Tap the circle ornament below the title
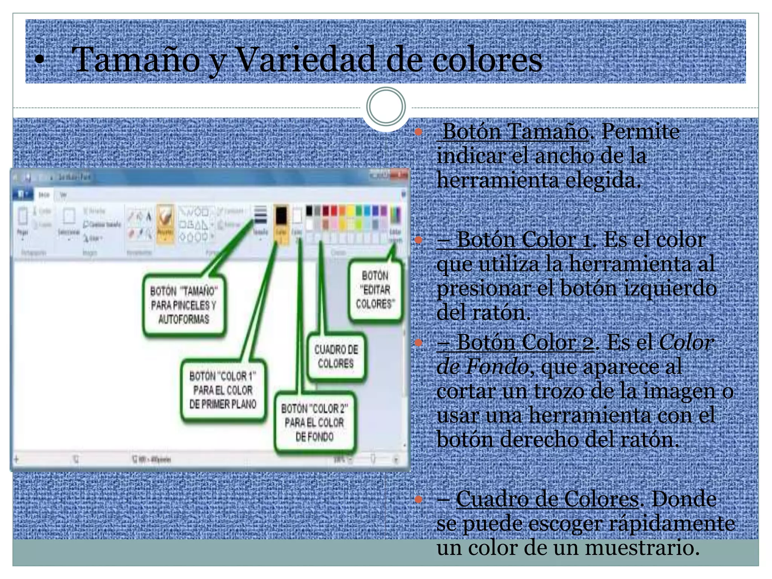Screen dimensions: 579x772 coord(386,106)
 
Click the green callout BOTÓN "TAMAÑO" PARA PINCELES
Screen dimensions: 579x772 coord(184,305)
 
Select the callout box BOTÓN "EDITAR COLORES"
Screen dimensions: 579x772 coord(375,290)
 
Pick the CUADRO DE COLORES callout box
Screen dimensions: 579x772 coord(336,356)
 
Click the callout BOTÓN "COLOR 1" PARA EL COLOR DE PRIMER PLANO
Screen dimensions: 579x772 coord(223,390)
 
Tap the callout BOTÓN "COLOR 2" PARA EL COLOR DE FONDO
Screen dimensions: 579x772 coord(314,423)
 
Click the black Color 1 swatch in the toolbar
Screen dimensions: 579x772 coord(281,216)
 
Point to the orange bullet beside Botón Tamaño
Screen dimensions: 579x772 coord(418,132)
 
